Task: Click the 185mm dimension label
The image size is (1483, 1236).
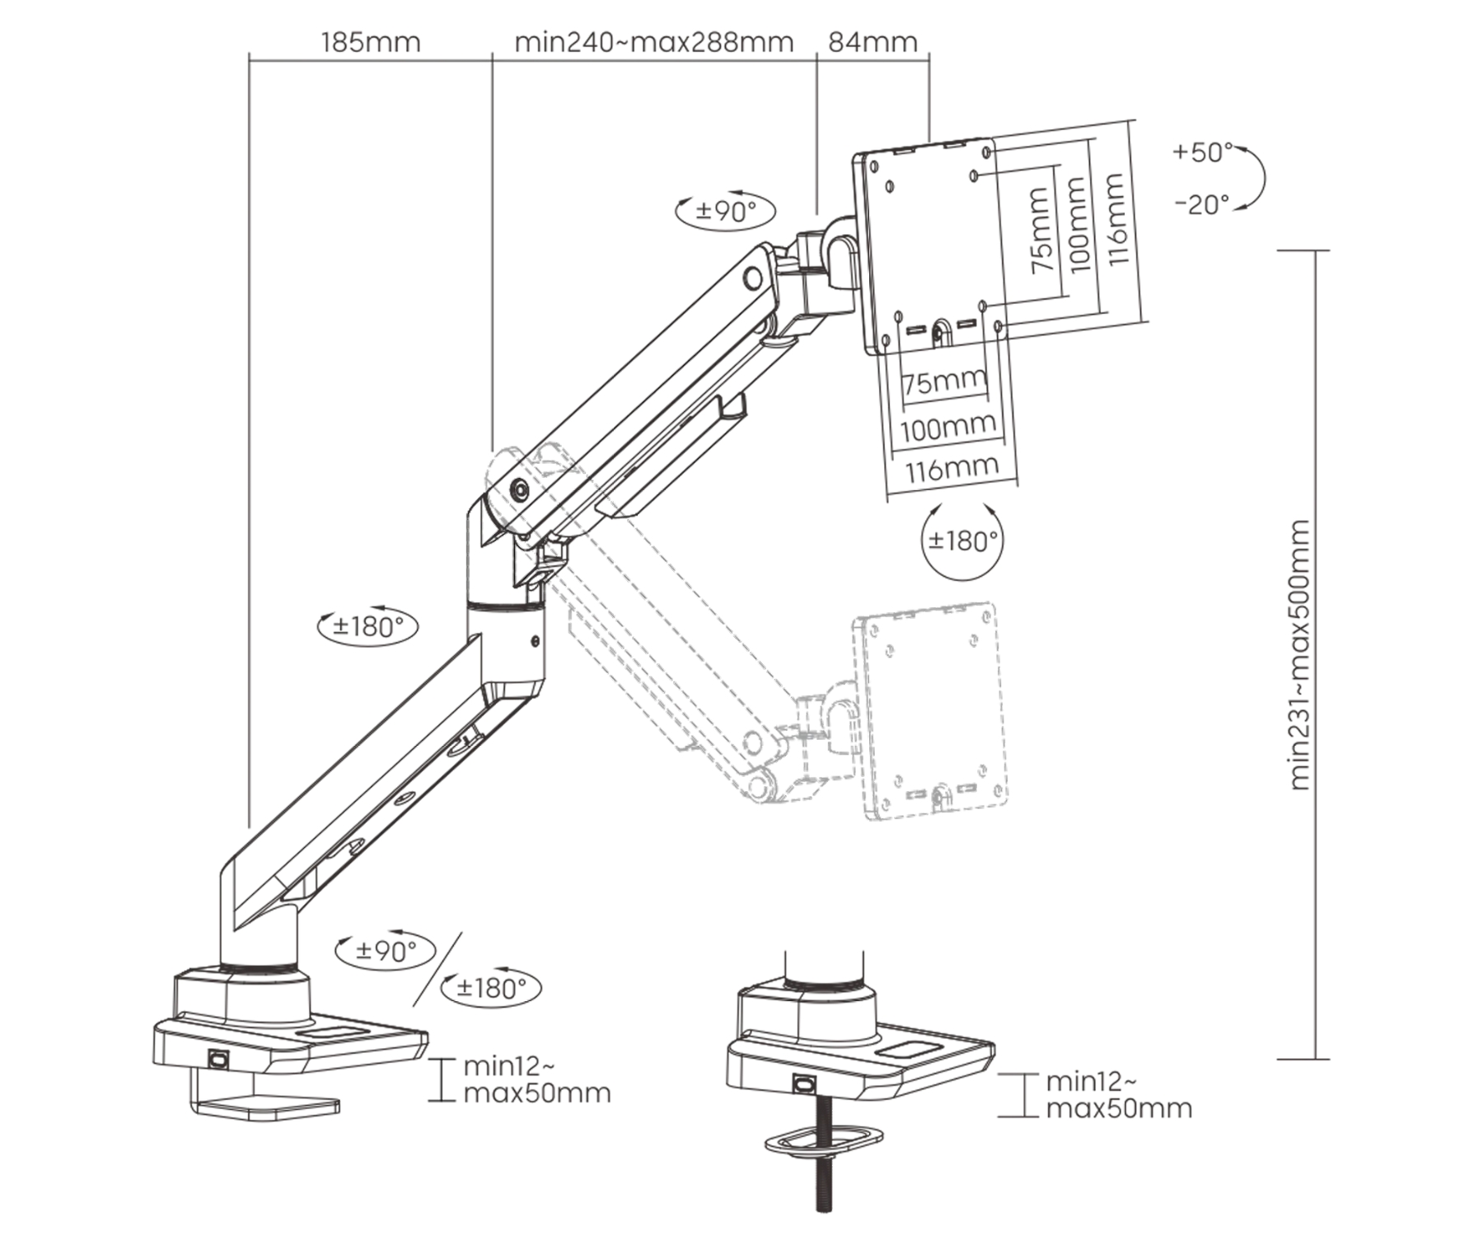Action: [x=370, y=42]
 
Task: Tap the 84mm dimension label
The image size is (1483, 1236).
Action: [x=872, y=42]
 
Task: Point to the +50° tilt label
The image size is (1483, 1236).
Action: [x=1202, y=152]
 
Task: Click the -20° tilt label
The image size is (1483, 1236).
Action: [x=1202, y=204]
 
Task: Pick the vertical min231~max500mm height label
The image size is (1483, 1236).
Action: [x=1299, y=655]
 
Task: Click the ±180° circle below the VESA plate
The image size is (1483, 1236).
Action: [x=962, y=541]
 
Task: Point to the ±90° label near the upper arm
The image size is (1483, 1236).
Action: [x=725, y=211]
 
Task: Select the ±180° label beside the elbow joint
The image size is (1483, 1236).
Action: [x=368, y=627]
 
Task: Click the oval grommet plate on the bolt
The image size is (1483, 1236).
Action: [x=824, y=1141]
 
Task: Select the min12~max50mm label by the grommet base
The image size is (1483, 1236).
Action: [x=1119, y=1095]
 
